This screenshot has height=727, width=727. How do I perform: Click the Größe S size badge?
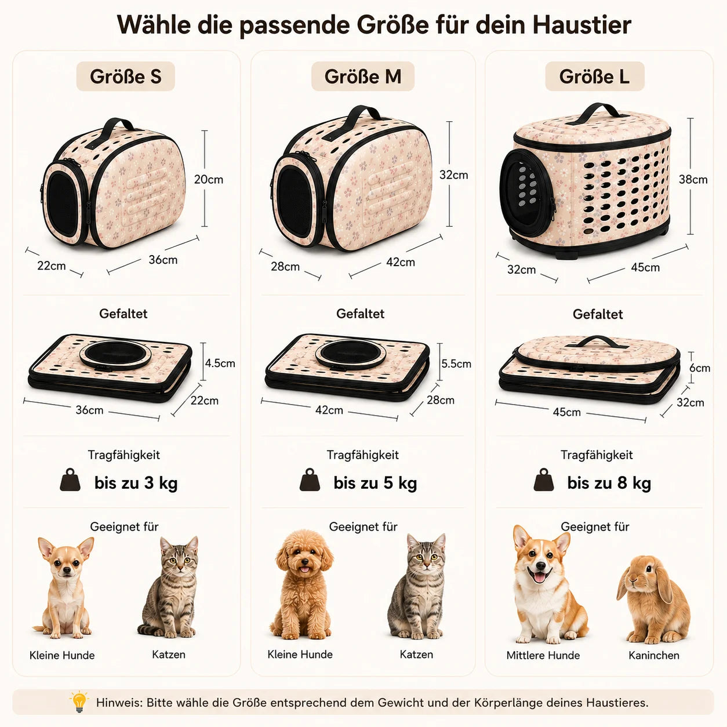click(x=126, y=76)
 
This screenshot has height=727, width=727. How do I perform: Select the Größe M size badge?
click(x=362, y=76)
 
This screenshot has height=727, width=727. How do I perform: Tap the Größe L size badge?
click(x=595, y=76)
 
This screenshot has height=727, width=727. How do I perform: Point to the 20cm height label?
click(x=209, y=179)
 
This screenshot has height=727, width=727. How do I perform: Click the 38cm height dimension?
click(x=693, y=179)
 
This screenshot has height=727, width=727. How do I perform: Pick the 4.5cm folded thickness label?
click(x=220, y=364)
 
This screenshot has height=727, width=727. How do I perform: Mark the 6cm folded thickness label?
click(x=700, y=368)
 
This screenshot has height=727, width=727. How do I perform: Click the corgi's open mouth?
click(x=540, y=576)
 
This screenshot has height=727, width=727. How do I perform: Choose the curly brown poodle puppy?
click(x=302, y=584)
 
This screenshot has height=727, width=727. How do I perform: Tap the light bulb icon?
click(x=79, y=701)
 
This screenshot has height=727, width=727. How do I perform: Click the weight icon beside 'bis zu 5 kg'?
click(x=310, y=479)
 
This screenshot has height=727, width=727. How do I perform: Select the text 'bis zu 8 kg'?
click(x=609, y=483)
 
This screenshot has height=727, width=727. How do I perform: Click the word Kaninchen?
click(x=654, y=655)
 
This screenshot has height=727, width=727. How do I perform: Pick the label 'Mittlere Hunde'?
click(x=543, y=655)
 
